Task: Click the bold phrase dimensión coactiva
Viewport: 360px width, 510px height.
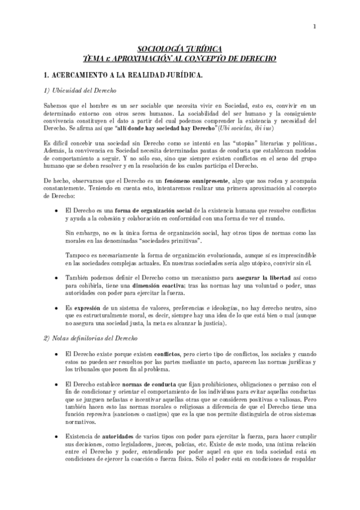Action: [143, 286]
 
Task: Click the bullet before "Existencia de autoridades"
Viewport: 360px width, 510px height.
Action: [56, 441]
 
